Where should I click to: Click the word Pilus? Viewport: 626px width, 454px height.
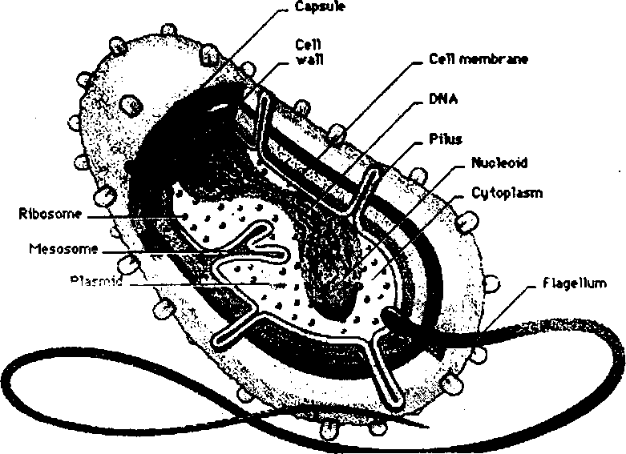click(x=446, y=140)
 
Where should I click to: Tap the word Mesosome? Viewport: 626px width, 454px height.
click(x=63, y=248)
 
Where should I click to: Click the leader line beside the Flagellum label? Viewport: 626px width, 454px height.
click(x=513, y=308)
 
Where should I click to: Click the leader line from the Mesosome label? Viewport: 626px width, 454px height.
click(x=160, y=251)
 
